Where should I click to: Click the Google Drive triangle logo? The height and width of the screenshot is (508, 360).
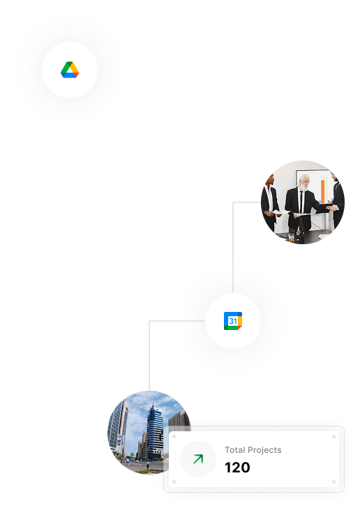[x=70, y=70]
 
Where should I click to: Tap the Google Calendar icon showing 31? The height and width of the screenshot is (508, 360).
[x=233, y=321]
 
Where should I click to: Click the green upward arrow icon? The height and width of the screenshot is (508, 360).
[x=198, y=459]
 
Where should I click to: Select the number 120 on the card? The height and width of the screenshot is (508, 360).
[x=237, y=468]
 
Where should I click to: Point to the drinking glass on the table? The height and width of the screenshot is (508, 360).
[x=292, y=237]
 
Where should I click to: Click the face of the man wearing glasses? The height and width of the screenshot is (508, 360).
[x=272, y=179]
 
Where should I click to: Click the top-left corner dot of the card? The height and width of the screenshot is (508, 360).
[x=173, y=435]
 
